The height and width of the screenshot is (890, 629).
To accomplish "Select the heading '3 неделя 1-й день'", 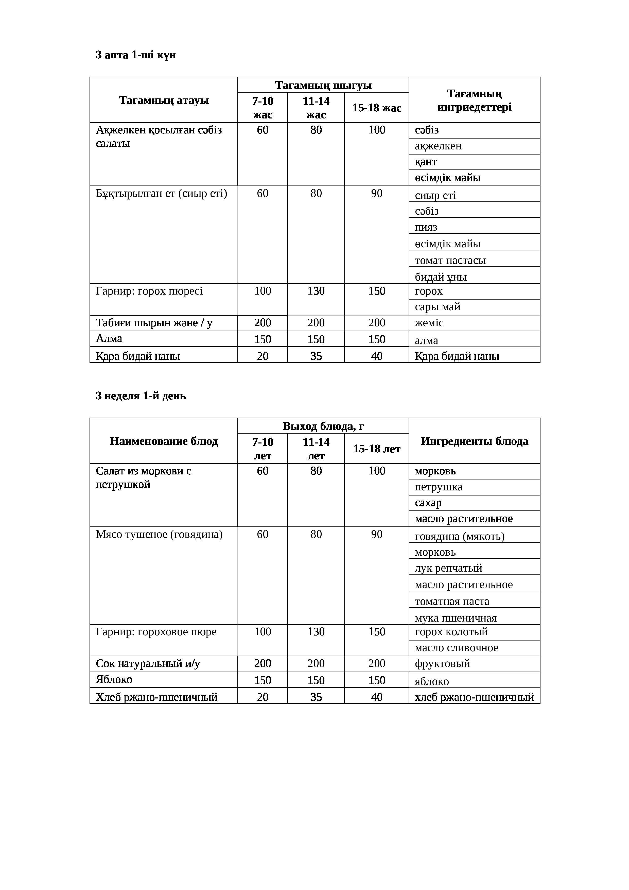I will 141,396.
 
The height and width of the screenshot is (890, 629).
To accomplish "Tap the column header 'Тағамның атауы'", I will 164,100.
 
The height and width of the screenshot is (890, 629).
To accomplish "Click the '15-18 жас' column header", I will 376,108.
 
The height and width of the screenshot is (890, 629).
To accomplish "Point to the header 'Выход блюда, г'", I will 323,426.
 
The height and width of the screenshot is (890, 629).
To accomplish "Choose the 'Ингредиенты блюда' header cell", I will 474,441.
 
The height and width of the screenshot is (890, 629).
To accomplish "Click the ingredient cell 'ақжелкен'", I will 438,146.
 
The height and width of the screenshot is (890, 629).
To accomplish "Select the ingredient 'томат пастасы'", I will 450,261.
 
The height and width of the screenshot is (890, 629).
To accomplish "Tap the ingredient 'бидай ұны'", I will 441,277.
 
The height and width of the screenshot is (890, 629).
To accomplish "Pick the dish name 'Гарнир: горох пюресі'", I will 149,291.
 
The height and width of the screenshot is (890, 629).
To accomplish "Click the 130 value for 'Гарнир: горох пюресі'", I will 316,291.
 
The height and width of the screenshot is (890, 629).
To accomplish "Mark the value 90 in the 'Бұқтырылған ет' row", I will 376,193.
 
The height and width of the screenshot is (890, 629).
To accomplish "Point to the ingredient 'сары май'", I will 438,307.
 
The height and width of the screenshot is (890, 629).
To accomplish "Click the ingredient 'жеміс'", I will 429,323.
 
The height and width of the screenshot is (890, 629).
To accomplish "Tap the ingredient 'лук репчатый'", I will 448,568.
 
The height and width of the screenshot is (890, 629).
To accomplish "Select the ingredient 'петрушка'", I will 438,487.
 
